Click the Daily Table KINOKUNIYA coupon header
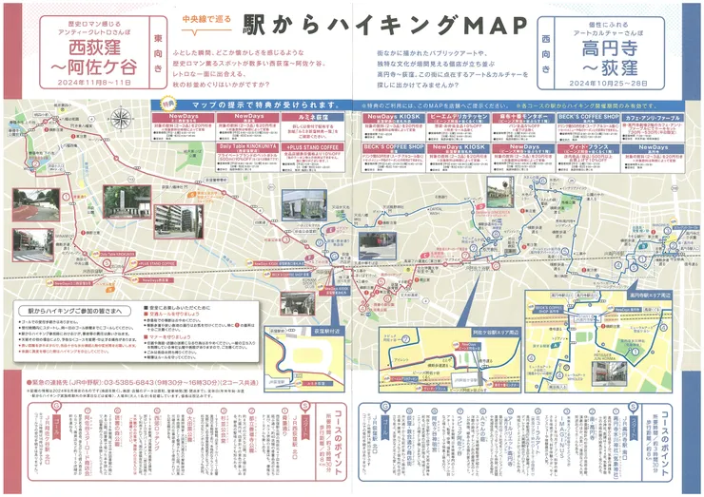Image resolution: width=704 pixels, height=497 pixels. pos(249,148)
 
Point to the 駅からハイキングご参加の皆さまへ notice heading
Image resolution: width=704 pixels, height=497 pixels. pos(76,312)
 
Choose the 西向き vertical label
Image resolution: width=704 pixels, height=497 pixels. pos(546,54)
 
